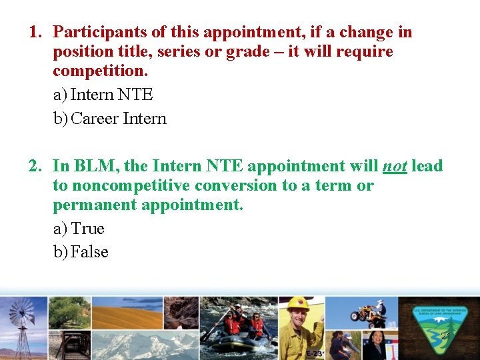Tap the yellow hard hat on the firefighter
[298, 304]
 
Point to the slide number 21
[445, 337]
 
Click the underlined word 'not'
[395, 166]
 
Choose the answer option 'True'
[87, 229]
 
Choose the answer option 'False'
[89, 252]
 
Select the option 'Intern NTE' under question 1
[111, 95]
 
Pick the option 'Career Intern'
[118, 119]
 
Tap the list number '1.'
[36, 32]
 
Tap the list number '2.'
[36, 165]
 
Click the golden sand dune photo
[127, 313]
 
